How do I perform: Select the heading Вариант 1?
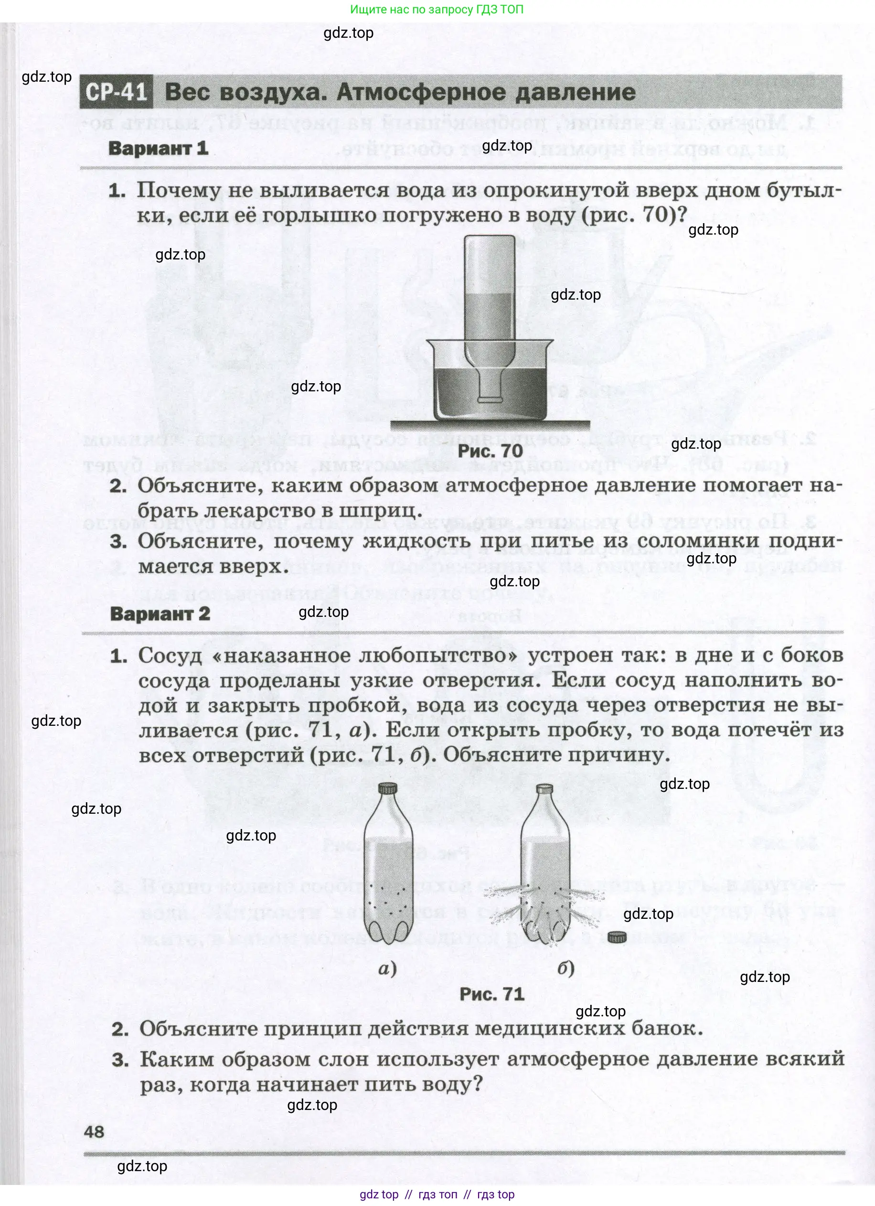coord(158,148)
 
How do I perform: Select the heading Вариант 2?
coord(160,614)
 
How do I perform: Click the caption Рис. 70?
coord(490,451)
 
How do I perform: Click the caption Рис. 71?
coord(492,994)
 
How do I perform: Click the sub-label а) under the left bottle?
coord(387,969)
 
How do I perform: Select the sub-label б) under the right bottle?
coord(566,969)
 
